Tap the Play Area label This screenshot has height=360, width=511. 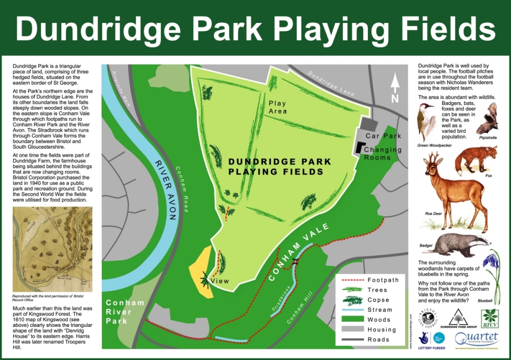pos(278,107)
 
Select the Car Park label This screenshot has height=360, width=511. pos(383,136)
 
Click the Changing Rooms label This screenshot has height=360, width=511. pos(383,153)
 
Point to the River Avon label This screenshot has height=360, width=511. pos(165,189)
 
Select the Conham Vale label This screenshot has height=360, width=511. pos(297,255)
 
